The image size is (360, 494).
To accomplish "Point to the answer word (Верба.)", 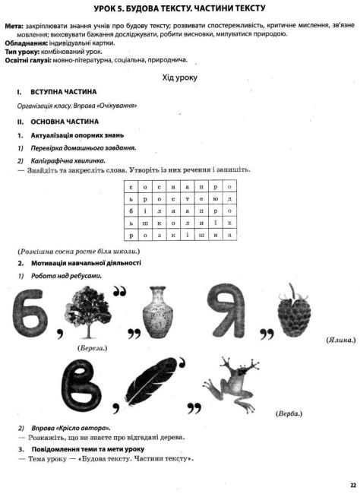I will point(289,413).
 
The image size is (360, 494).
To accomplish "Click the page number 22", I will point(352,484).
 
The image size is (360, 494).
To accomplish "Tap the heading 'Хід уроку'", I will point(180,78).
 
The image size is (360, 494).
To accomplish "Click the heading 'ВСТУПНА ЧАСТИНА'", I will point(63,91).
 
